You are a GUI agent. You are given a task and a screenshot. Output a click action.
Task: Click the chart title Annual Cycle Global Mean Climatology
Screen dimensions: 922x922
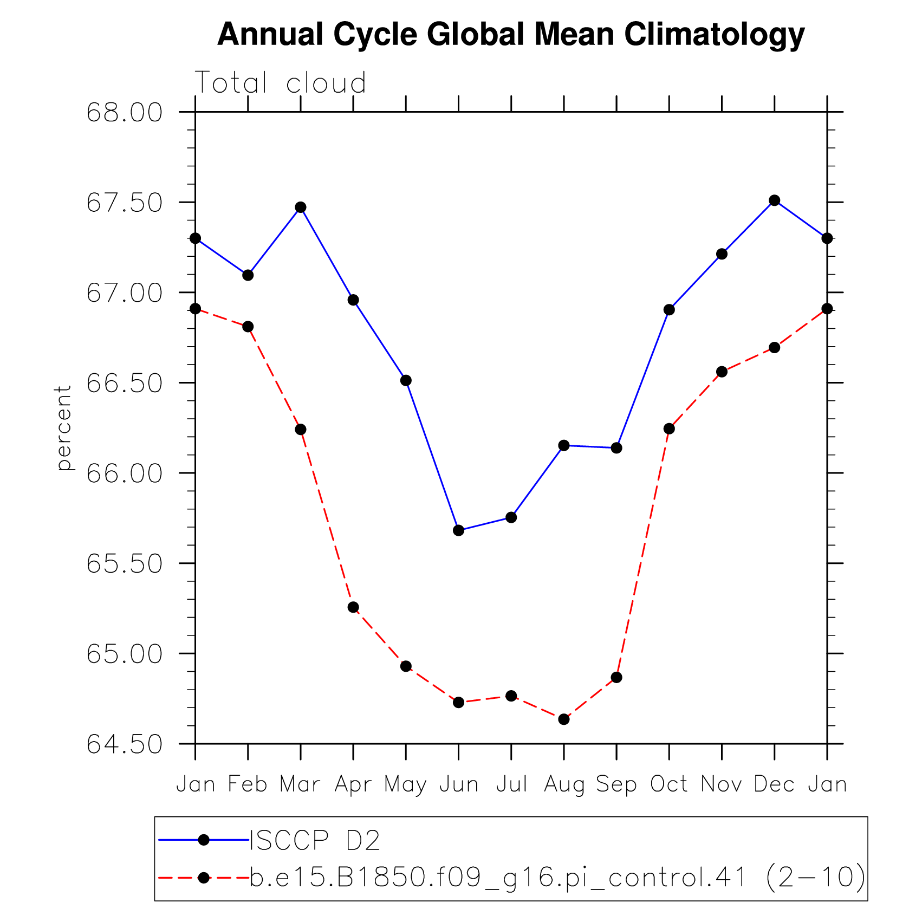[510, 35]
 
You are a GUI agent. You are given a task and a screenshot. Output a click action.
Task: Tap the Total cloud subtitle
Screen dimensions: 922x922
[280, 83]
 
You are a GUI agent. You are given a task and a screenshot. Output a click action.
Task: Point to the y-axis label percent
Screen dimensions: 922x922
[64, 427]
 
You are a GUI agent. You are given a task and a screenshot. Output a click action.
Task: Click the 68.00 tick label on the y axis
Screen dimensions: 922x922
[124, 113]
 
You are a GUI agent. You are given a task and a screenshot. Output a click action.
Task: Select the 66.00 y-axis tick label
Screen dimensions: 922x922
[124, 473]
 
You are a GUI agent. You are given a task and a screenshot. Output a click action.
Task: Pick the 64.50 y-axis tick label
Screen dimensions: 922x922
[124, 744]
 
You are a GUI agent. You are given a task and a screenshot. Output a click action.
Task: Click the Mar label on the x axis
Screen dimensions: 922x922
[300, 784]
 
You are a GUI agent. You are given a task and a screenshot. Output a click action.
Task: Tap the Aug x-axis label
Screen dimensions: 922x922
[564, 784]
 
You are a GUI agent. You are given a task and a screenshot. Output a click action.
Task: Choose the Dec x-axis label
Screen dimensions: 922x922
[774, 784]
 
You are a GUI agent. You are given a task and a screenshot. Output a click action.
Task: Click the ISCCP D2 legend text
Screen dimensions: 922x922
[315, 840]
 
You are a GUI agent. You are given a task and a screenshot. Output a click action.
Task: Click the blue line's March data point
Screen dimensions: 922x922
[301, 207]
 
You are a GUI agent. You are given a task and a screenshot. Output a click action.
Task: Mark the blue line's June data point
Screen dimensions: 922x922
[459, 530]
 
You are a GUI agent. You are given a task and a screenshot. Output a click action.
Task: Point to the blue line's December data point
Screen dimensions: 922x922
[775, 200]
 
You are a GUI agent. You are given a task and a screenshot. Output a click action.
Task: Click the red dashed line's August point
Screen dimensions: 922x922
[564, 719]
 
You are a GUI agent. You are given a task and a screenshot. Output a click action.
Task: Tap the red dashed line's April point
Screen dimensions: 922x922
[353, 607]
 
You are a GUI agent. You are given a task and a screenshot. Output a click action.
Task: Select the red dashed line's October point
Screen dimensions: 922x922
[669, 428]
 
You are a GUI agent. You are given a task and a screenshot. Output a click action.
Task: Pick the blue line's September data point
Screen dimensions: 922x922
[616, 448]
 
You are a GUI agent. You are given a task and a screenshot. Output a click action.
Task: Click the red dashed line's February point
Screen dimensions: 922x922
[248, 327]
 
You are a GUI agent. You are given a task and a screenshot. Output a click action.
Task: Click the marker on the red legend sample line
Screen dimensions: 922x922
[204, 878]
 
